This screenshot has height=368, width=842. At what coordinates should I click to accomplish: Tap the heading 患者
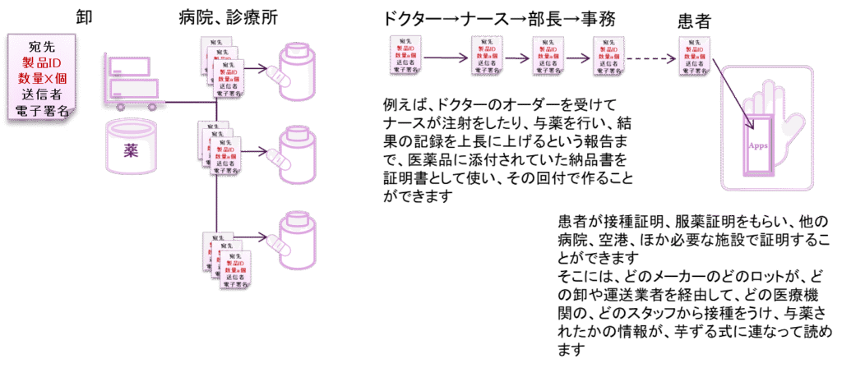[x=695, y=20]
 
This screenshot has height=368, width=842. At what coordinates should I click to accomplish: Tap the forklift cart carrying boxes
[x=132, y=82]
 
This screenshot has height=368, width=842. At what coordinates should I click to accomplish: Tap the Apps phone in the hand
[x=758, y=144]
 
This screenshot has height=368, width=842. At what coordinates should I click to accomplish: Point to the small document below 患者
[x=695, y=56]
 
